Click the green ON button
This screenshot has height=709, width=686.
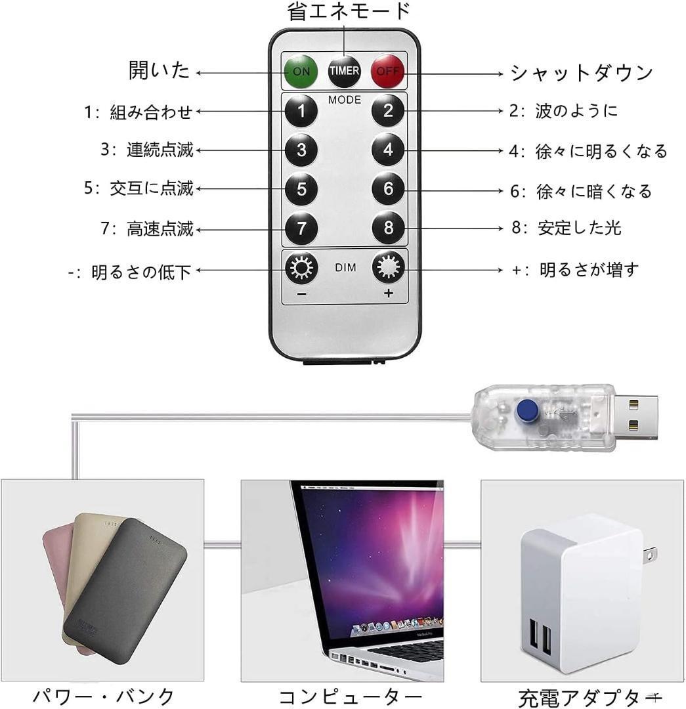(x=301, y=70)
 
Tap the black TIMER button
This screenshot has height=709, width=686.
(x=345, y=70)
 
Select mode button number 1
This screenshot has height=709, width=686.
(x=301, y=111)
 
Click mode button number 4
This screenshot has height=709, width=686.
(x=388, y=150)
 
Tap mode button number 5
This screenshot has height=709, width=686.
(x=301, y=190)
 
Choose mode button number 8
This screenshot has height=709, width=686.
(x=388, y=228)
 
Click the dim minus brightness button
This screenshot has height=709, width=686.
(x=301, y=269)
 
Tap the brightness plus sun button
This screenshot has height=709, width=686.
(x=388, y=268)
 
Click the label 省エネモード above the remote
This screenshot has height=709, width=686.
(x=349, y=11)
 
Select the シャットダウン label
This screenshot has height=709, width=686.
(x=582, y=72)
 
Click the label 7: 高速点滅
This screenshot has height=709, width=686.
(x=148, y=229)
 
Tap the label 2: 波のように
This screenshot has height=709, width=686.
(x=564, y=110)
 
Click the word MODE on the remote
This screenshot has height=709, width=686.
(x=345, y=100)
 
